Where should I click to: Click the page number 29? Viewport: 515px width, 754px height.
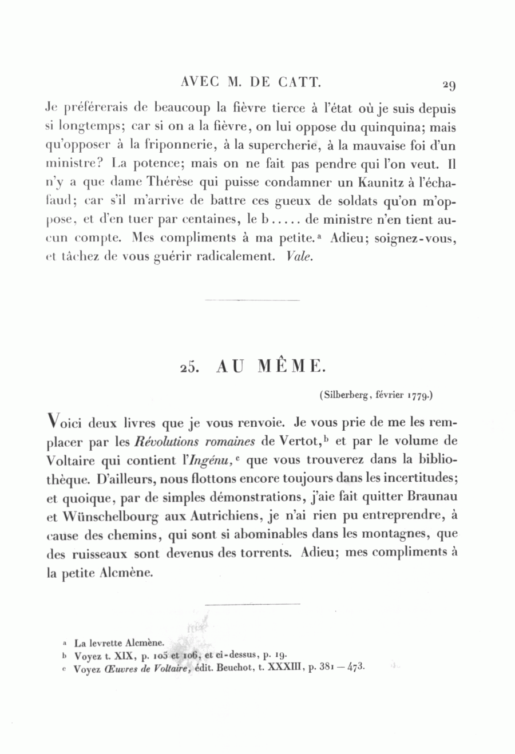tap(449, 85)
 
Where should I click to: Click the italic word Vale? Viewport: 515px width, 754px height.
tap(299, 256)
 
